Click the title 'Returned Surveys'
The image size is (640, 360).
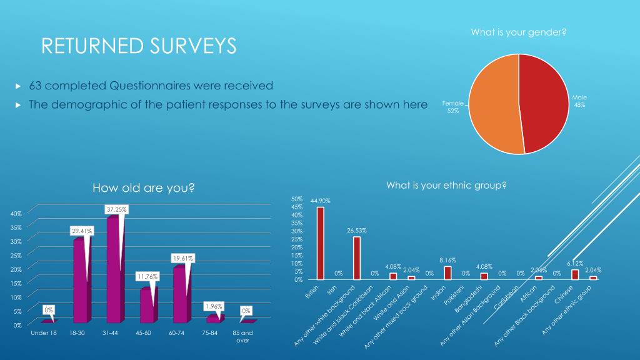[139, 46]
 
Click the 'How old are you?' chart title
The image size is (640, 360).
[144, 187]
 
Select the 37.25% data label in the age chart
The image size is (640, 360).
[116, 210]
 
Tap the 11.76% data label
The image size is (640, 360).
[147, 276]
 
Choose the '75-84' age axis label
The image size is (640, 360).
[210, 333]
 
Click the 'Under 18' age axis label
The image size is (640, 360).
[44, 333]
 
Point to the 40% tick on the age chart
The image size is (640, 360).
[16, 213]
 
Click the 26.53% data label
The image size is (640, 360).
[356, 231]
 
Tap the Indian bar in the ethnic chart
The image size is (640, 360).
[447, 272]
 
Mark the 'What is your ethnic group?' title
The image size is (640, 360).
[446, 185]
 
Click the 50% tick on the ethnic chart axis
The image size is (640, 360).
[297, 199]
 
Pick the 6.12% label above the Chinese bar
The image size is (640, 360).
[575, 264]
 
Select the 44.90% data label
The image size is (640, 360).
[320, 201]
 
